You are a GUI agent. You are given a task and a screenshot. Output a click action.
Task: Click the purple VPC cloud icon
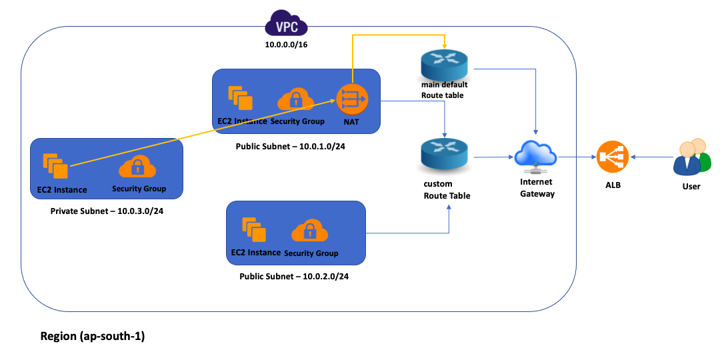(287, 25)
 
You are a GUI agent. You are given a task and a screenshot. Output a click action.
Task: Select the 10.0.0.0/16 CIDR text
(287, 45)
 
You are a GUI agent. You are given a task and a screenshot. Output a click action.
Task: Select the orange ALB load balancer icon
(613, 158)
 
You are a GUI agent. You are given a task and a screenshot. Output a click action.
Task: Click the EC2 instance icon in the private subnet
(55, 166)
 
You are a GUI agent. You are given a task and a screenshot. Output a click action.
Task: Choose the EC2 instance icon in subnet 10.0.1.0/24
(241, 99)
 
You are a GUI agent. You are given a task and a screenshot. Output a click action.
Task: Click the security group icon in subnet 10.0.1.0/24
(297, 100)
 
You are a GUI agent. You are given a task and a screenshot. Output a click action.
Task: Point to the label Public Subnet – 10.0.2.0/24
(294, 275)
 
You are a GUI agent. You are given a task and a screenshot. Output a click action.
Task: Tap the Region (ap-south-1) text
(93, 336)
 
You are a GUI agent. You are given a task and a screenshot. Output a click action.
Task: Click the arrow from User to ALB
(651, 157)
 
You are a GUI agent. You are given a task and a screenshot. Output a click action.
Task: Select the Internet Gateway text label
(536, 187)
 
